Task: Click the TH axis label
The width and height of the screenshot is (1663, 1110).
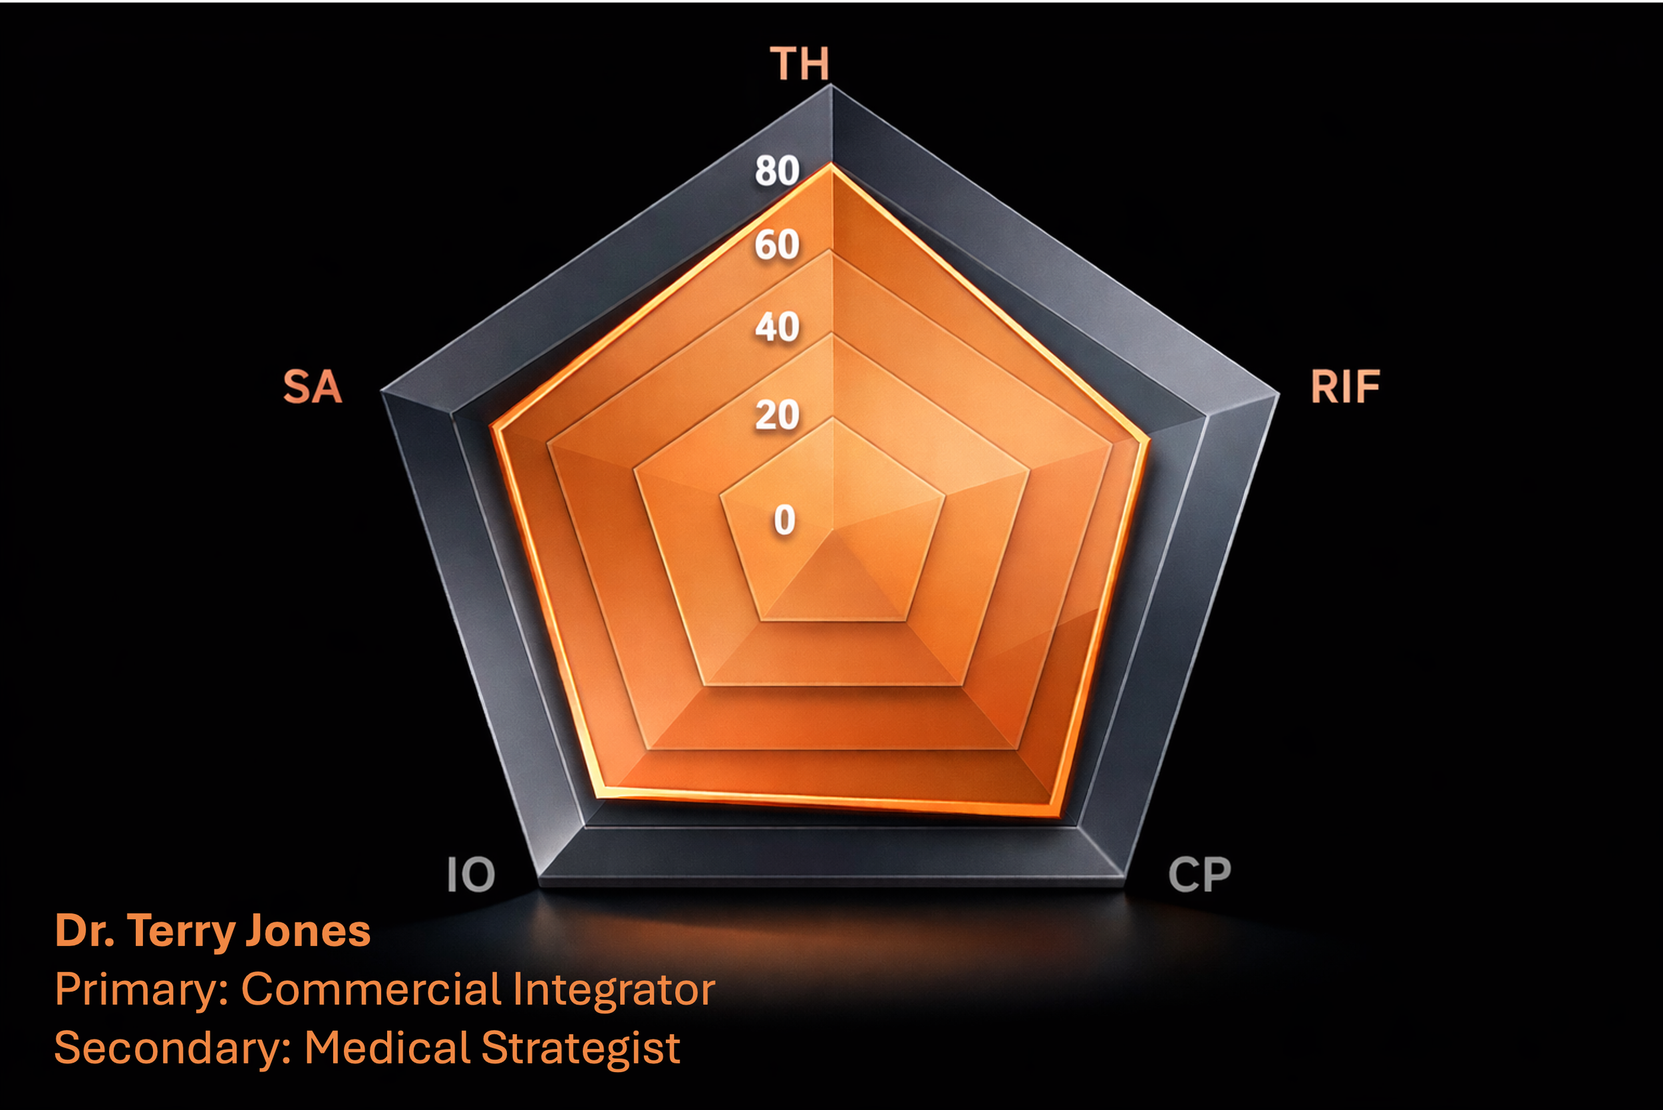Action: pos(799,64)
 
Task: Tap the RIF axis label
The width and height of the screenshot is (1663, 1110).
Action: pos(1344,388)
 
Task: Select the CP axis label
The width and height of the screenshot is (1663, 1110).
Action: pos(1199,875)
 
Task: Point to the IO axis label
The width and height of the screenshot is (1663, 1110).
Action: pos(471,875)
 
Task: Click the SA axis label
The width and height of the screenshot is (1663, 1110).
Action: pos(313,388)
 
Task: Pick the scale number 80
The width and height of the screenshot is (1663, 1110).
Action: pos(777,171)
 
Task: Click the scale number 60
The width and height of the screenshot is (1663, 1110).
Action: pos(777,245)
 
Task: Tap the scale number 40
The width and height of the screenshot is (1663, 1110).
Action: pos(777,327)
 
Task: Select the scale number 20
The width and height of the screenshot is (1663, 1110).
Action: pos(777,415)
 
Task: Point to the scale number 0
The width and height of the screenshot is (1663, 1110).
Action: pos(784,520)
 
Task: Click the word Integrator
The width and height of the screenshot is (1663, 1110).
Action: pos(613,990)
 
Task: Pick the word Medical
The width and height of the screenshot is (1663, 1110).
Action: pos(386,1048)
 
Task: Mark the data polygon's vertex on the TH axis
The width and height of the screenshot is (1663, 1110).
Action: pos(832,165)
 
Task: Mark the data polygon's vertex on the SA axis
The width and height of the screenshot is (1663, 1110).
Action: pos(494,427)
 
